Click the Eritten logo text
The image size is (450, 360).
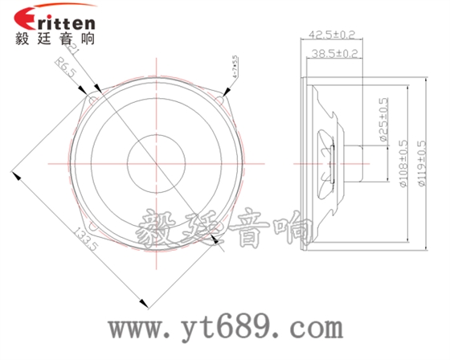click(x=56, y=20)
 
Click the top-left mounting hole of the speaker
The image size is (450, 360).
click(x=90, y=100)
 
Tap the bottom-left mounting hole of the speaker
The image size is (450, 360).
click(x=90, y=228)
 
